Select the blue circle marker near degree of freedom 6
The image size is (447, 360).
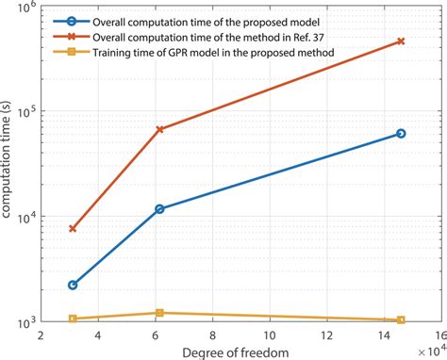(x=159, y=208)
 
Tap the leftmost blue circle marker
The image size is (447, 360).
(x=73, y=285)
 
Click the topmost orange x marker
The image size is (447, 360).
(x=401, y=41)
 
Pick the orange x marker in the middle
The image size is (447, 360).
(x=159, y=129)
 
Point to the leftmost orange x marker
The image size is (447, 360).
(x=73, y=229)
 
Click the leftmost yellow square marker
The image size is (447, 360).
(x=73, y=319)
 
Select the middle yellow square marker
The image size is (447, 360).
(x=159, y=313)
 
